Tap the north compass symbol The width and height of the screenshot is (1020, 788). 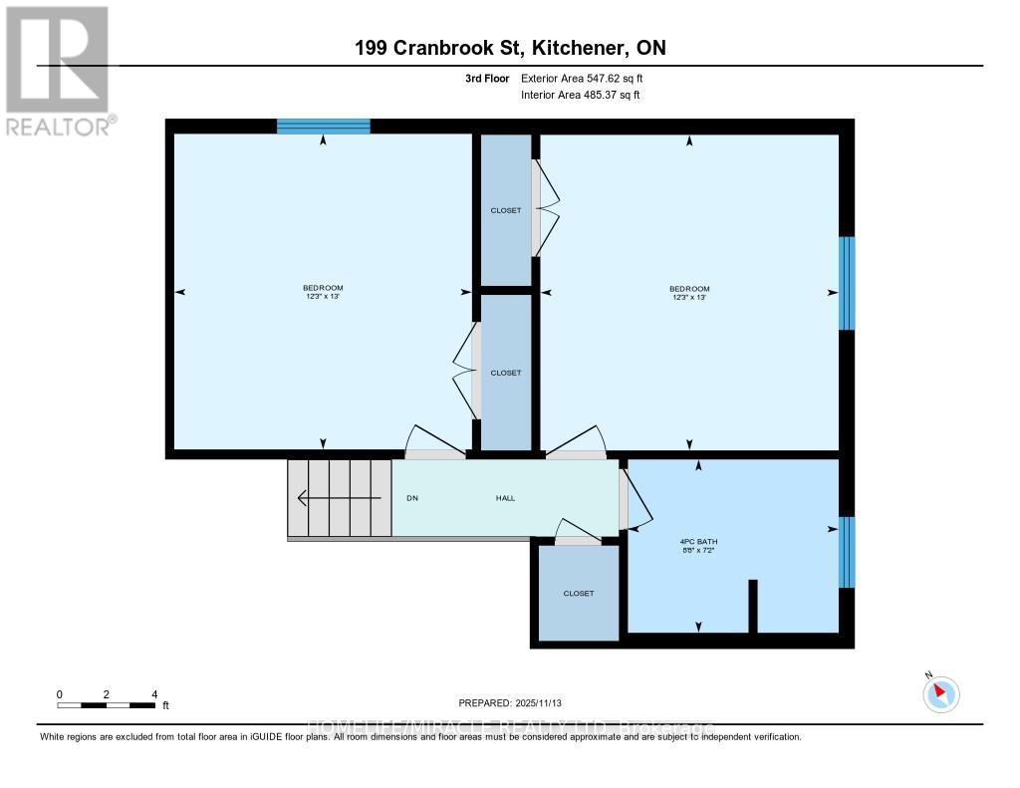point(940,693)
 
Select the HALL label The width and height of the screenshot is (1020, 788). point(505,498)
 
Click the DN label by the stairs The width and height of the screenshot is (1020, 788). point(411,498)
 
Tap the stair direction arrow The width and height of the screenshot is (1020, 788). point(339,497)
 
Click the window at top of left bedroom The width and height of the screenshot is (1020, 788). point(323,126)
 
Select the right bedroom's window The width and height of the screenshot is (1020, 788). point(847,283)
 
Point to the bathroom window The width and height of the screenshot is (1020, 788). point(847,552)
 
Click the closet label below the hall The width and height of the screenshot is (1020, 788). point(578,593)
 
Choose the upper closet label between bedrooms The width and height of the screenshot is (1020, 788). point(506,210)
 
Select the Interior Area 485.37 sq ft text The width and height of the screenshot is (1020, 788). point(580,95)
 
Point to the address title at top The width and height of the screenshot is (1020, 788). point(510,48)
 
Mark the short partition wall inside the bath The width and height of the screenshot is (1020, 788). point(753,606)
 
